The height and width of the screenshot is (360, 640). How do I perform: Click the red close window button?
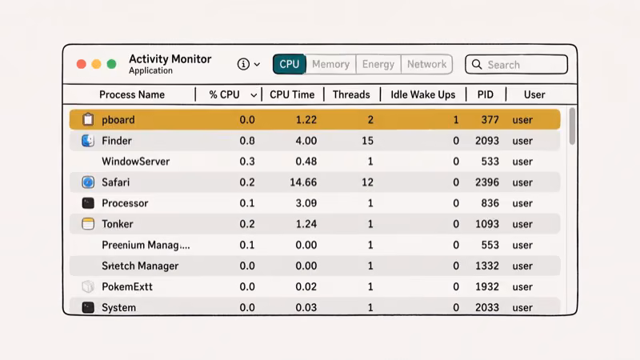point(81,64)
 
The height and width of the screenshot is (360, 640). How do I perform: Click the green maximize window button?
point(112,64)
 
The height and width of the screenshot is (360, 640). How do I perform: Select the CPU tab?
point(290,64)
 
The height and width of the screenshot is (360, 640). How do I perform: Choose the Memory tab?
point(330,64)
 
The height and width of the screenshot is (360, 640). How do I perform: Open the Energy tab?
point(378,64)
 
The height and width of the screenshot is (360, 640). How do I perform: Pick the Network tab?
point(426,64)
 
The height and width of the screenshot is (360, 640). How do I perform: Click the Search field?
point(516,65)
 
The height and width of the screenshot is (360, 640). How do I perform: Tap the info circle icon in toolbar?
point(243,64)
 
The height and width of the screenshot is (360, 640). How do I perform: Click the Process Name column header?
point(132,94)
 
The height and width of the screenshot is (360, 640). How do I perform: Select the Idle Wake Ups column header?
point(422,94)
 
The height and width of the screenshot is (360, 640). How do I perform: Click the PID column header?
point(486,94)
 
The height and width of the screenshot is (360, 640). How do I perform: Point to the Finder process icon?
point(88,141)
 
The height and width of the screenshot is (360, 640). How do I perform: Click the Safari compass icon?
point(88,182)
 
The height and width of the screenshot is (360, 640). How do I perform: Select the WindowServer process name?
point(135,162)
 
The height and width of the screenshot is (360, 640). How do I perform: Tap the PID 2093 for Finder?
point(486,141)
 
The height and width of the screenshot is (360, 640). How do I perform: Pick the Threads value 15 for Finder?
point(367,141)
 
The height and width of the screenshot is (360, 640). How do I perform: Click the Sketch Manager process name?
point(140,266)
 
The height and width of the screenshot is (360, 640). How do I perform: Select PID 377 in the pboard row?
point(490,120)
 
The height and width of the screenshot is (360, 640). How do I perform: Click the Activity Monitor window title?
point(170,59)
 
